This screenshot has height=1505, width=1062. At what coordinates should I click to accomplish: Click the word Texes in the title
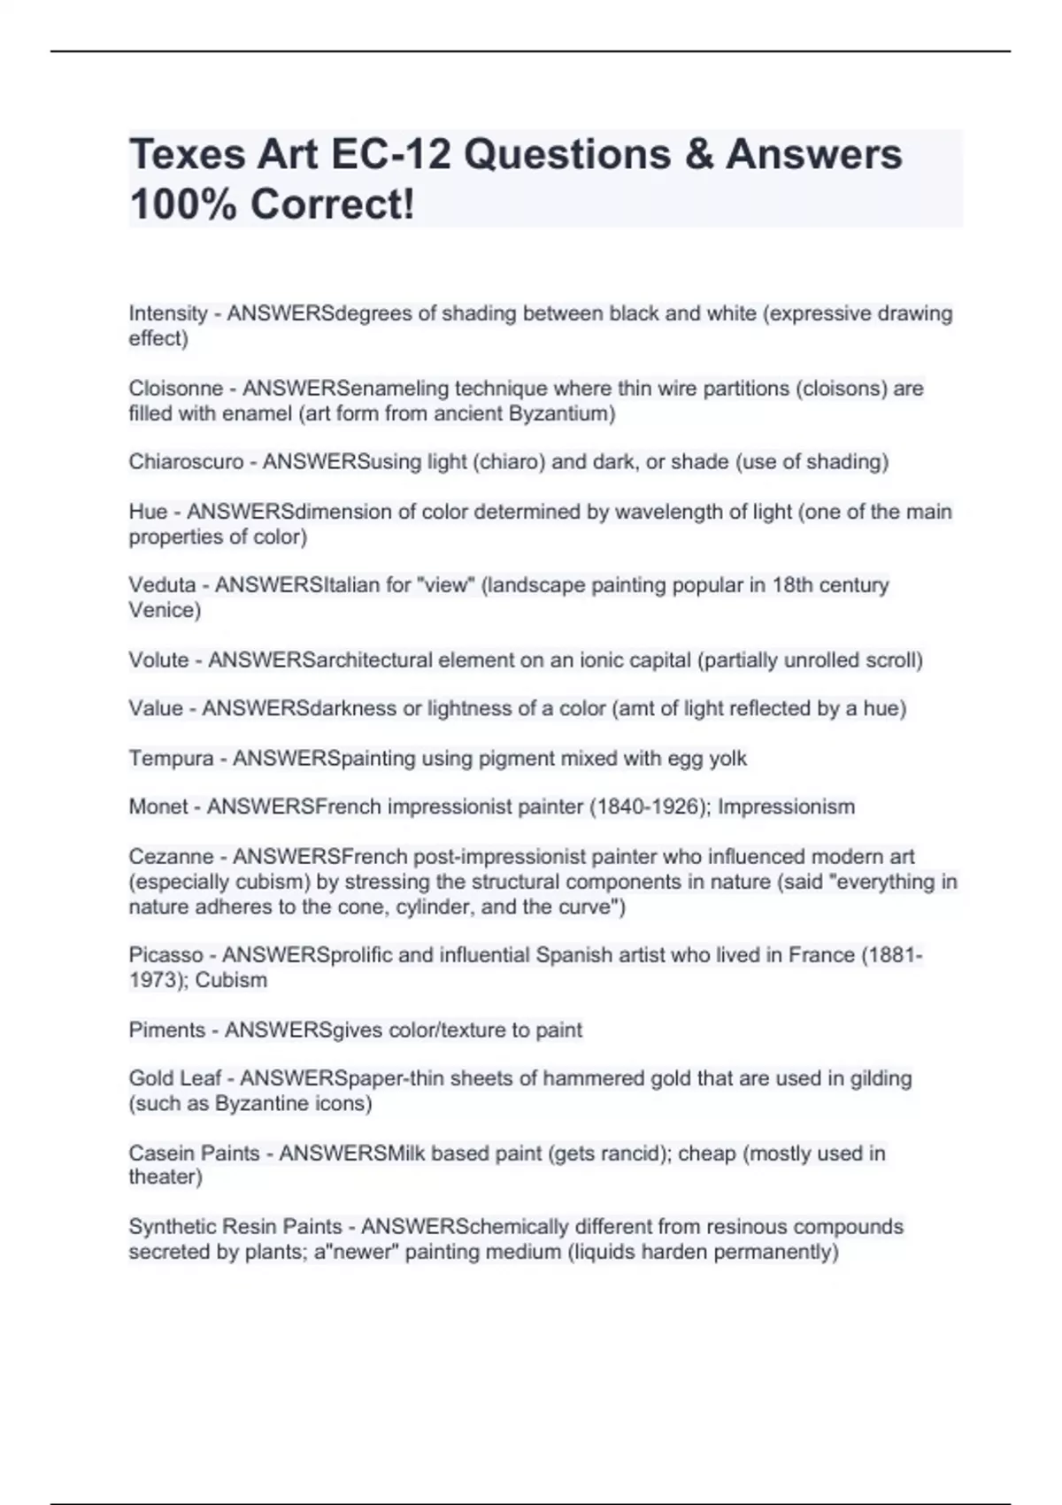pyautogui.click(x=188, y=154)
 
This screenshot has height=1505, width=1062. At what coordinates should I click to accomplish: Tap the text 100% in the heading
pyautogui.click(x=182, y=205)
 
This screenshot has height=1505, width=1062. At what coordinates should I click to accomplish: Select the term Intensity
pyautogui.click(x=168, y=313)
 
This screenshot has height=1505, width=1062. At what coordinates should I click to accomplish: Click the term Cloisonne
pyautogui.click(x=175, y=389)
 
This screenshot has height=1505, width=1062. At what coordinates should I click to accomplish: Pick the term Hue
pyautogui.click(x=148, y=512)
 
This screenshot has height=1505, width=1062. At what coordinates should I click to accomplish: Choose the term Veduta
pyautogui.click(x=162, y=585)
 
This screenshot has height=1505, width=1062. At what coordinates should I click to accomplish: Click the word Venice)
pyautogui.click(x=165, y=610)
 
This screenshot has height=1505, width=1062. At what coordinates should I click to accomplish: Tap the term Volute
pyautogui.click(x=158, y=660)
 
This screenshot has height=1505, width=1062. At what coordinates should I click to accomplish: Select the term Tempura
pyautogui.click(x=171, y=759)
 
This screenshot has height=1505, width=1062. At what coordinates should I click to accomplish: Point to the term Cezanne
pyautogui.click(x=171, y=857)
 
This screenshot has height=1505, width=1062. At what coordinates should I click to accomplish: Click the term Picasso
pyautogui.click(x=165, y=955)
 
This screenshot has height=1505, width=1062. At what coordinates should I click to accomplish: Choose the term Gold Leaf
pyautogui.click(x=175, y=1078)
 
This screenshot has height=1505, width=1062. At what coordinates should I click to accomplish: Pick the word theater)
pyautogui.click(x=165, y=1177)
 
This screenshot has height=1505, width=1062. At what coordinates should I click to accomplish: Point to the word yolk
pyautogui.click(x=727, y=759)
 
